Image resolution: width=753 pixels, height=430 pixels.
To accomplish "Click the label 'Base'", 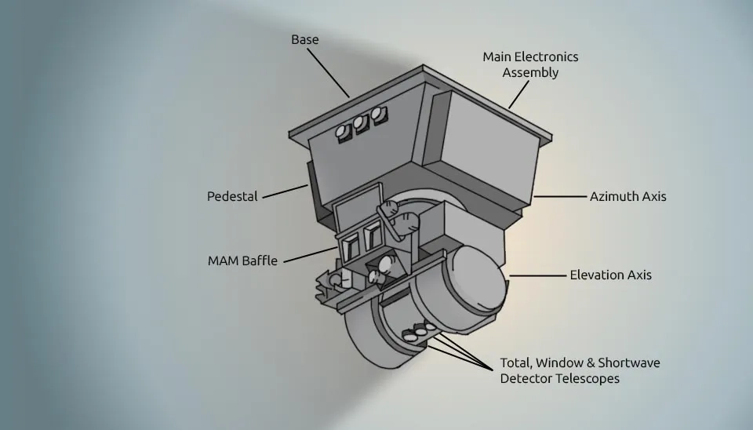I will click(x=305, y=39).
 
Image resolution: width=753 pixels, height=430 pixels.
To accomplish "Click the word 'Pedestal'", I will click(x=232, y=196).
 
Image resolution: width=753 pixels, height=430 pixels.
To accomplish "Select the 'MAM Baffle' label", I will click(x=242, y=261).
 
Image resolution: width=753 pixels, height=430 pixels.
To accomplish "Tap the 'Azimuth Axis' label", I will click(x=627, y=196).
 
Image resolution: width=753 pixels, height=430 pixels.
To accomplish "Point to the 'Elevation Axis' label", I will click(x=610, y=275).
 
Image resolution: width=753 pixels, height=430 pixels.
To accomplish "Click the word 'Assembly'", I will click(x=530, y=73).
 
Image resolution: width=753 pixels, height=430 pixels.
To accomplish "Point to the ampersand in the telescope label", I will click(x=588, y=363).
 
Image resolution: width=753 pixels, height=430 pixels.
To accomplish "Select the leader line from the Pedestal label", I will click(x=284, y=191).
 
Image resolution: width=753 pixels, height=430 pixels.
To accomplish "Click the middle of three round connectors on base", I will click(x=362, y=125).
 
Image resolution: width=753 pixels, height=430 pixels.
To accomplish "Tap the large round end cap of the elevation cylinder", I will click(x=474, y=278).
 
